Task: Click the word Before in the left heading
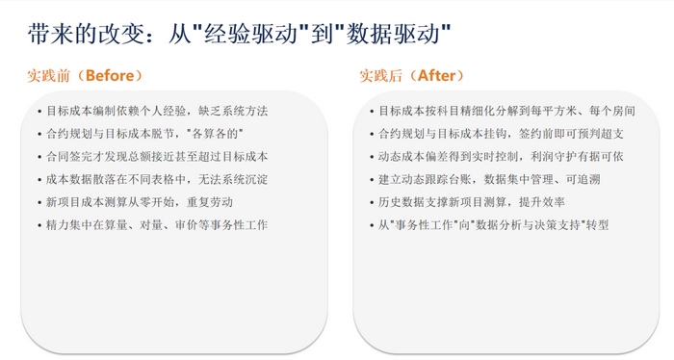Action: (110, 76)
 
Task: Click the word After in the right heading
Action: (436, 76)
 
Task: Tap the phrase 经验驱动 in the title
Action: (250, 34)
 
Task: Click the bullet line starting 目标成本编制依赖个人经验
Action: (157, 112)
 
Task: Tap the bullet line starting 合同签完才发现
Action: (157, 157)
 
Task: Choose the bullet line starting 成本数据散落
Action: (157, 180)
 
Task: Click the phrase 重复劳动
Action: (210, 202)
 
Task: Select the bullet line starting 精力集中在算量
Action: (157, 225)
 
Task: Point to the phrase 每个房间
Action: (612, 112)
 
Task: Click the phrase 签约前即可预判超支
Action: (571, 134)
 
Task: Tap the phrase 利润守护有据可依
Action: (577, 157)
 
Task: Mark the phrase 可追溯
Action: (583, 180)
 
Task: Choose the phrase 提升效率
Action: (541, 202)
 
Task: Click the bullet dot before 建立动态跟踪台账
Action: (372, 180)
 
